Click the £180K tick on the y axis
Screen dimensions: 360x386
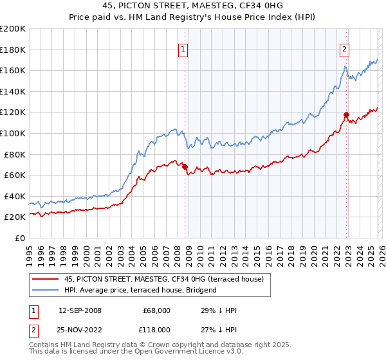[13, 49]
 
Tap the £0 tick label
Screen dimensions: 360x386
[20, 238]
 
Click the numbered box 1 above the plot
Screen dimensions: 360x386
[183, 49]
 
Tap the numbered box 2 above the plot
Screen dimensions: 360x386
[345, 49]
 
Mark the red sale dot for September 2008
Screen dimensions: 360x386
[185, 166]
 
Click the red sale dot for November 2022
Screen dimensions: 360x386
[346, 114]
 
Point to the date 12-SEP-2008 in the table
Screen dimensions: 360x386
[80, 310]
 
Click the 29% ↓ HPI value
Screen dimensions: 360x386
[218, 310]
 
